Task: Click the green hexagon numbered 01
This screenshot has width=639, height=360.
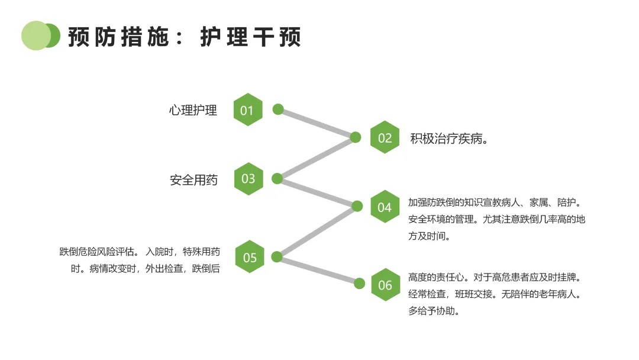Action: pos(248,110)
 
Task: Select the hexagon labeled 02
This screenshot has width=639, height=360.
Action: pos(385,137)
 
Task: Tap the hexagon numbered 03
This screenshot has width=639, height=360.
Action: pos(248,179)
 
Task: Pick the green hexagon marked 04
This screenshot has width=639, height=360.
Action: pos(385,207)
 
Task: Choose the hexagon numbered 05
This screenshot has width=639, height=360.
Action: pos(250,257)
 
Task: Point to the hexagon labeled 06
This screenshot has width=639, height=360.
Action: pos(386,285)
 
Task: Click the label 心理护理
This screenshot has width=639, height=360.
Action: pos(193,110)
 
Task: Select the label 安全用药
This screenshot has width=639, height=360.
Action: pos(193,180)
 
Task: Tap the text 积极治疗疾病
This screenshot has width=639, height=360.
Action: pos(446,139)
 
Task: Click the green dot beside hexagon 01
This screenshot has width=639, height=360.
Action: pos(278,110)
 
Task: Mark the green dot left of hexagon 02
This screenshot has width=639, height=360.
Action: pos(356,137)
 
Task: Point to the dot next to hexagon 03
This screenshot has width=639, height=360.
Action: pos(277,179)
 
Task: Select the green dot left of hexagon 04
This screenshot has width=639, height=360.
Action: pos(357,206)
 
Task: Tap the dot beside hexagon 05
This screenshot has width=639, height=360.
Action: pos(277,257)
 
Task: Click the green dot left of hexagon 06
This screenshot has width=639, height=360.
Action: pos(360,284)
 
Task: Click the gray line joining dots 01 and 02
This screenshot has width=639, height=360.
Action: pos(317,123)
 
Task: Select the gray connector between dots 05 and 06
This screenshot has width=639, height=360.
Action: pos(318,270)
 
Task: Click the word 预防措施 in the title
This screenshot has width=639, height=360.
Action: pos(118,37)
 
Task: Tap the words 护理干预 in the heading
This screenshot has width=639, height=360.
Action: pos(251,37)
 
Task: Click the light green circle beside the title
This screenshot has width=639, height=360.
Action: pos(36,36)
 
